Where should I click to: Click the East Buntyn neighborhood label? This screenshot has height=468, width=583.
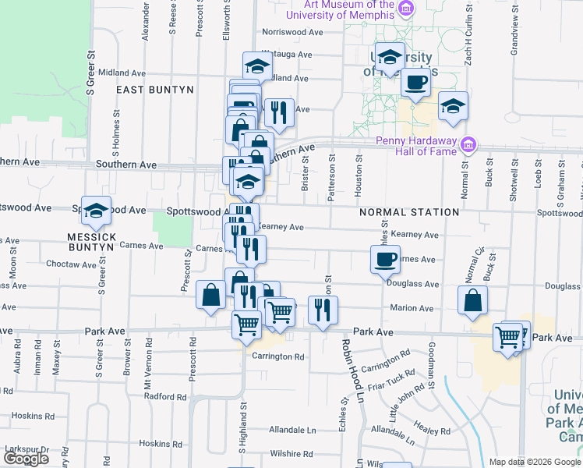click(154, 90)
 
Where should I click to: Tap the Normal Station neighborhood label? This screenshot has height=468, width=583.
click(409, 212)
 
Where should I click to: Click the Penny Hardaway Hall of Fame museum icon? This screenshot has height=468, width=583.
click(468, 145)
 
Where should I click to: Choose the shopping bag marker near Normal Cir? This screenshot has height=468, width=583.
click(473, 301)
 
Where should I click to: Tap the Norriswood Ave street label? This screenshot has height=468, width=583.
click(292, 33)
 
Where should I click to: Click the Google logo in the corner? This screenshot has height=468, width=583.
click(26, 459)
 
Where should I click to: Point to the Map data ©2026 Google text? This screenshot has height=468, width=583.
click(535, 462)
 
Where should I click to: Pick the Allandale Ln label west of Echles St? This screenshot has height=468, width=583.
click(292, 430)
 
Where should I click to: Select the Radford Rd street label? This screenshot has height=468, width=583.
click(165, 396)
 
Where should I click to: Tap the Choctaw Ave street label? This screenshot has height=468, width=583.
click(71, 264)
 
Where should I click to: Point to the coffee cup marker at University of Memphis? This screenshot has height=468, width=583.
click(416, 81)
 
